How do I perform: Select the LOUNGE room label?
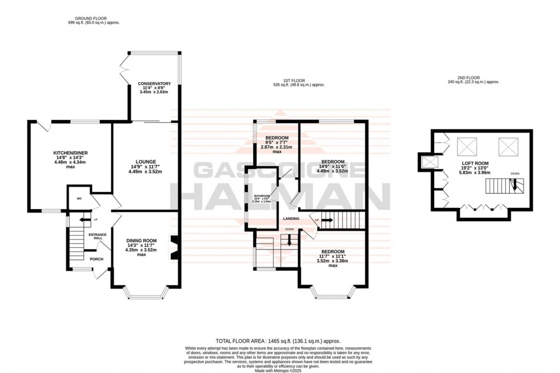[146, 161]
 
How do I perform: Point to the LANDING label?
[291, 219]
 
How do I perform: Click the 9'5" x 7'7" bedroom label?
[277, 138]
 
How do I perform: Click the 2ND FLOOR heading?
[473, 78]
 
